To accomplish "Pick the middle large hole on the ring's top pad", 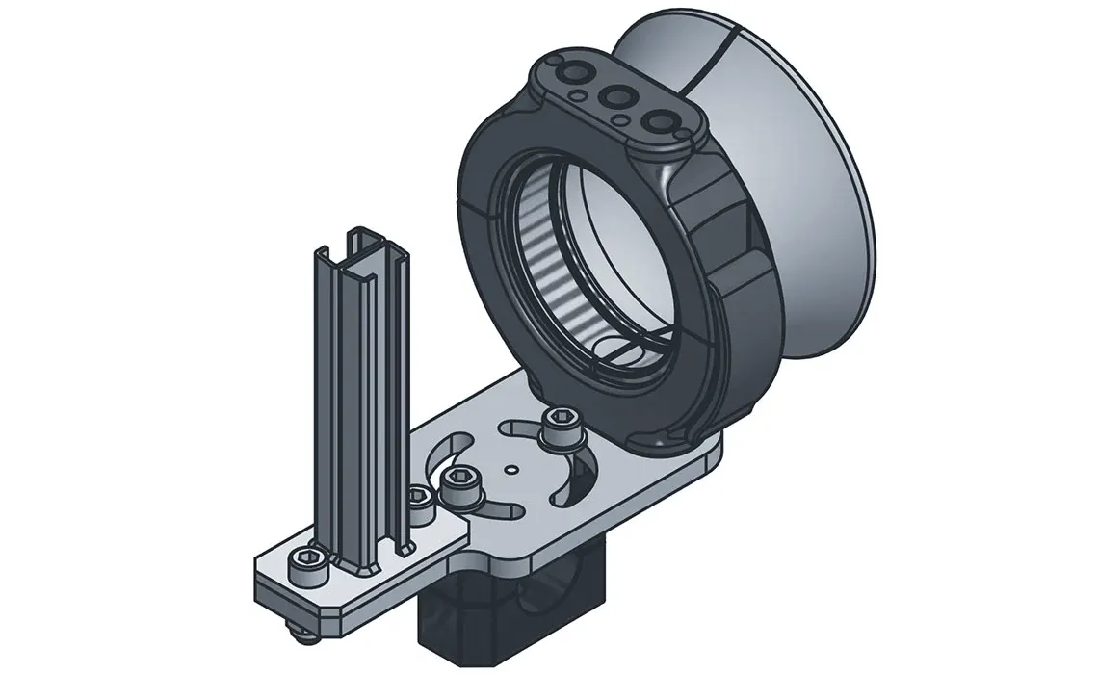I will point(614,96).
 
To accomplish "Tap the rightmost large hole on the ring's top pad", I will point(657,120).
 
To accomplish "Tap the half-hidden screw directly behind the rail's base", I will point(418,501).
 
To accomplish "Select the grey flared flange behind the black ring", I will point(809,193).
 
